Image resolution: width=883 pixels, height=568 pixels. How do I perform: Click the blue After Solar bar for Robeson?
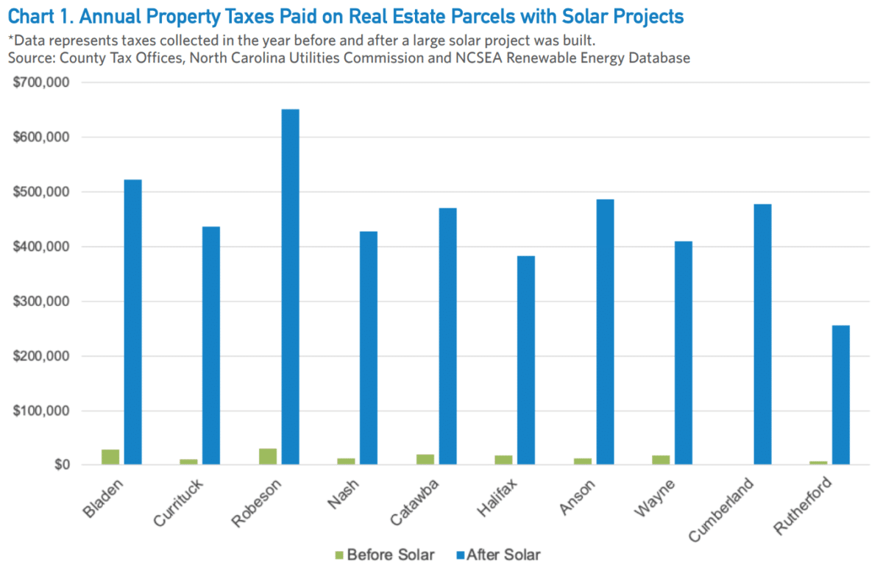pyautogui.click(x=290, y=287)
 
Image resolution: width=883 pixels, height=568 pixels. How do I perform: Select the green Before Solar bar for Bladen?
pyautogui.click(x=110, y=457)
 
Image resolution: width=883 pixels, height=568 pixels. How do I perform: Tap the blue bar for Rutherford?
pyautogui.click(x=840, y=394)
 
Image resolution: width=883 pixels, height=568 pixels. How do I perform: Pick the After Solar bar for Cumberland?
pyautogui.click(x=762, y=334)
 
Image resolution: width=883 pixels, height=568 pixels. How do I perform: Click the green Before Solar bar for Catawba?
pyautogui.click(x=425, y=459)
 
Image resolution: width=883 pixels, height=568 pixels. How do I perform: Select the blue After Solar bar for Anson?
pyautogui.click(x=605, y=332)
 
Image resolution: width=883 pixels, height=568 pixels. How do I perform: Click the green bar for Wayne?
pyautogui.click(x=661, y=460)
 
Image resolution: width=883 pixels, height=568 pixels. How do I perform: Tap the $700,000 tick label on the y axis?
pyautogui.click(x=41, y=82)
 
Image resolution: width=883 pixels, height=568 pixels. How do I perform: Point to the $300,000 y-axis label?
pyautogui.click(x=41, y=302)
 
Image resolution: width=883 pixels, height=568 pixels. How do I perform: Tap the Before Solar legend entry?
pyautogui.click(x=383, y=554)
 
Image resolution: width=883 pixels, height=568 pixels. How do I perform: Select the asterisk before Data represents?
pyautogui.click(x=11, y=40)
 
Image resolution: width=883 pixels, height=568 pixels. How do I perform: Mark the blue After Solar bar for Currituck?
pyautogui.click(x=211, y=345)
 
